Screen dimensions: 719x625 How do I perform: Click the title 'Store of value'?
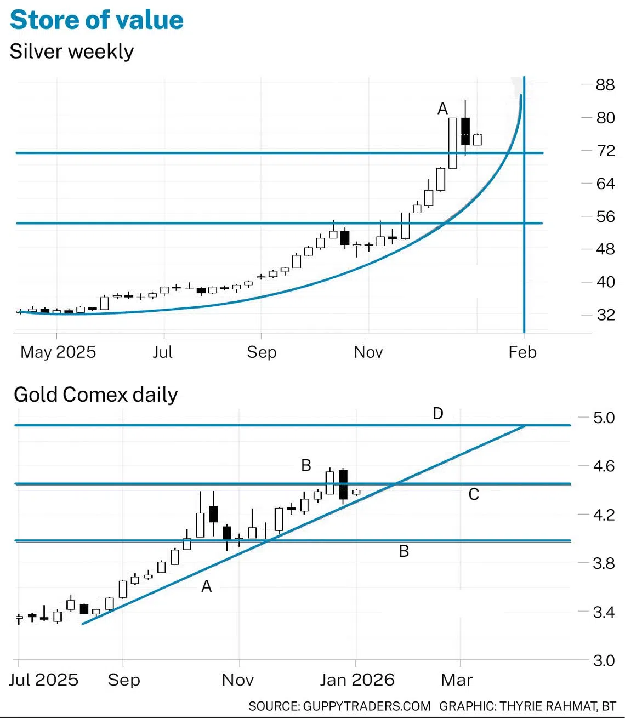coord(96,20)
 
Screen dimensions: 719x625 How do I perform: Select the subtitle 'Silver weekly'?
coord(72,52)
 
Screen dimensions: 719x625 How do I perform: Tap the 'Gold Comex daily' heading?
coord(96,395)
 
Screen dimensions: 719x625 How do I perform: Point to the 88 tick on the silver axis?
coord(605,85)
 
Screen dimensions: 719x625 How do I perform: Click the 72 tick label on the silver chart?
coord(605,151)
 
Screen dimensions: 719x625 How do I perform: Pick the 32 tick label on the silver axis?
coord(605,315)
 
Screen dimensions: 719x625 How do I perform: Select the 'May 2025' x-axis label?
coord(58,352)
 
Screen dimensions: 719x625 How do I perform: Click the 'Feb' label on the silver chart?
coord(522,352)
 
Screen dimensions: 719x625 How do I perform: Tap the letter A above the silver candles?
coord(442,109)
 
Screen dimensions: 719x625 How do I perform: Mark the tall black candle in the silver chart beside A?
coord(465,132)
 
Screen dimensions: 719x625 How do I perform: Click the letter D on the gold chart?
coord(438,414)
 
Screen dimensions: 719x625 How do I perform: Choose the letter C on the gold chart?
coord(474,495)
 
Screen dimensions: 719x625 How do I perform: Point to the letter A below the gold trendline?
coord(206,586)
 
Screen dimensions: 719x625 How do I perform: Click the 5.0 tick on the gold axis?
coord(604,418)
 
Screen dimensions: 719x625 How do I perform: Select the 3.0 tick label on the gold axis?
coord(604,661)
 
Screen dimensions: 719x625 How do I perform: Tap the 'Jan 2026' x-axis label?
coord(357,680)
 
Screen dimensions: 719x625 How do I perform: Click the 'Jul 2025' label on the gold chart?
coord(44,680)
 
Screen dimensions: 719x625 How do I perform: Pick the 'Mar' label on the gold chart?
coord(457,680)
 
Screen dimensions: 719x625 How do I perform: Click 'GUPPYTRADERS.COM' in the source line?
coord(367,706)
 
